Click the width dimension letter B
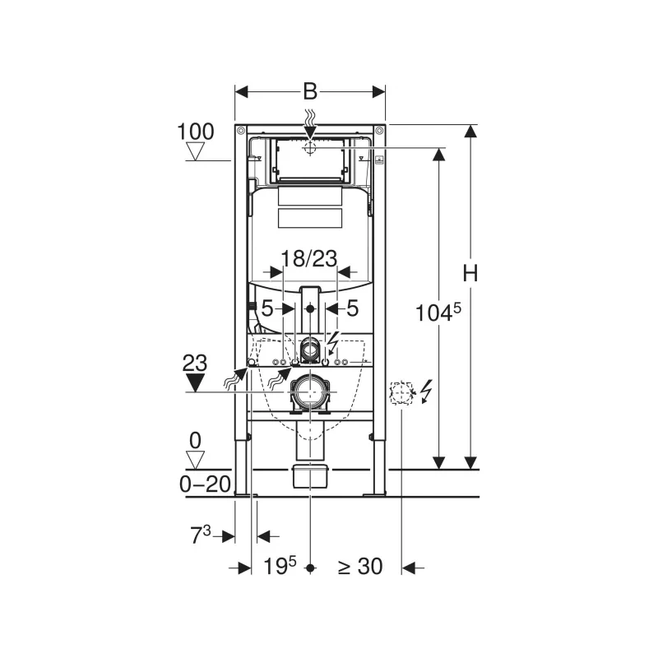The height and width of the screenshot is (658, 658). [310, 91]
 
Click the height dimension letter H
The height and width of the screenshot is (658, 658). [470, 274]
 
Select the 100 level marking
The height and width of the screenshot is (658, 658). [196, 132]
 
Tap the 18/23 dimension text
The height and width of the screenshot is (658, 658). [309, 258]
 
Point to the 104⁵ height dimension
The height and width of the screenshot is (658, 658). [438, 313]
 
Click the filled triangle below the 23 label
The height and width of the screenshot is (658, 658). [195, 382]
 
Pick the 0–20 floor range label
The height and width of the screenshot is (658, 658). [205, 484]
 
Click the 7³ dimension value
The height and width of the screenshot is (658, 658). [201, 535]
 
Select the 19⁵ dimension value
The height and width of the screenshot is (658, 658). [280, 566]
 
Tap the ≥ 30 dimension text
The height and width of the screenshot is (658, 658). [360, 567]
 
